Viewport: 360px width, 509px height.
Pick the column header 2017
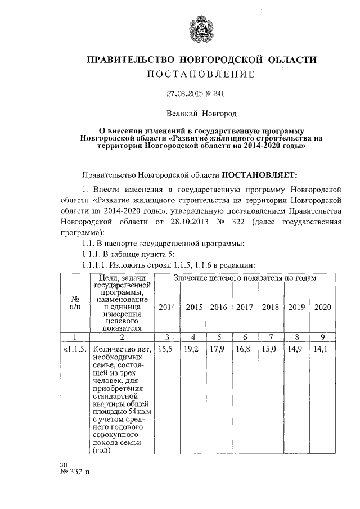245,307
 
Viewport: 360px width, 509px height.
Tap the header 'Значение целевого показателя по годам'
245,278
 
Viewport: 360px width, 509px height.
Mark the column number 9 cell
322,337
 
